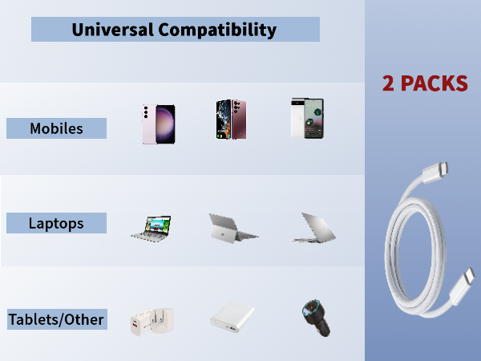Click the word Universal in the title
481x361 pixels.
click(112, 30)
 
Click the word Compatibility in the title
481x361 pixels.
click(217, 30)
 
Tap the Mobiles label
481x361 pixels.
click(56, 128)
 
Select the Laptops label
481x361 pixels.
click(56, 223)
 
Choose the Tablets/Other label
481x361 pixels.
click(56, 319)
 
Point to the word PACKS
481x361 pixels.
click(435, 83)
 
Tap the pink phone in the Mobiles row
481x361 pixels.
click(159, 124)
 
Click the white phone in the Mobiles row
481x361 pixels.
click(306, 119)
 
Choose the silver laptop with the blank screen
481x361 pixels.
click(313, 227)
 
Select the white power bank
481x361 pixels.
click(232, 318)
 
